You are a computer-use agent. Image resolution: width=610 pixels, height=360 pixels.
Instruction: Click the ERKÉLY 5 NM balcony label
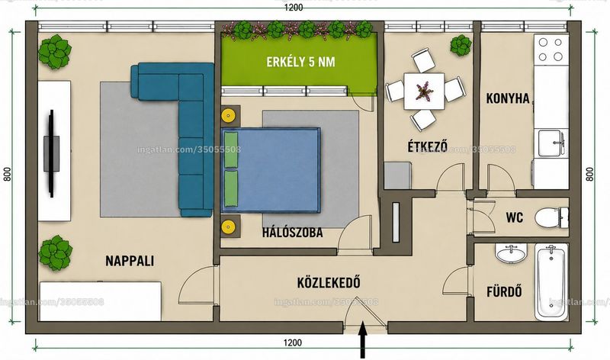(x=300, y=62)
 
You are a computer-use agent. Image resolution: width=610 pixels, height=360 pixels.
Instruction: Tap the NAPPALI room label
(x=130, y=261)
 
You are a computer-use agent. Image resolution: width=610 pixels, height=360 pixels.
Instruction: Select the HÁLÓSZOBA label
(x=293, y=233)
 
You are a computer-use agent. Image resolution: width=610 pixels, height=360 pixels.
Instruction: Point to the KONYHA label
(x=508, y=98)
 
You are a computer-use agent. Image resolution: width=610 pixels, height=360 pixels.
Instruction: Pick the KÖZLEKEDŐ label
(x=329, y=282)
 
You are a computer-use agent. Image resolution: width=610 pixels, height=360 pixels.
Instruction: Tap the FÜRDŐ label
(x=504, y=291)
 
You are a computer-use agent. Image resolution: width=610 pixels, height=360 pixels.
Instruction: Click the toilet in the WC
(x=551, y=217)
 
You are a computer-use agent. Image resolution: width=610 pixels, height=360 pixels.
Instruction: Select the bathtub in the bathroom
(x=551, y=281)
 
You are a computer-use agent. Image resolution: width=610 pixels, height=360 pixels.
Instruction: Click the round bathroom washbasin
(x=511, y=253)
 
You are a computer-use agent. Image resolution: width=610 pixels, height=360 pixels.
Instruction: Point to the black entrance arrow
(x=363, y=339)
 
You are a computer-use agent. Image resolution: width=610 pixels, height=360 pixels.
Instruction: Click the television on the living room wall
(x=51, y=153)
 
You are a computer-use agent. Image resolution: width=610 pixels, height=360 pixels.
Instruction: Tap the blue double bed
(x=271, y=170)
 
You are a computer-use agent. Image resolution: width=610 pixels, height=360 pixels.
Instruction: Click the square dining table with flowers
(x=424, y=92)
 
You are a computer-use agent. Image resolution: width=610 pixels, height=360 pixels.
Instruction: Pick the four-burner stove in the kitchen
(x=551, y=49)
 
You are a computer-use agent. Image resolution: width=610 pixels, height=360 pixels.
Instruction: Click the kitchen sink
(x=552, y=143)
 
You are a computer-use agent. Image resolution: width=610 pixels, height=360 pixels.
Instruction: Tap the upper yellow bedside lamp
(x=227, y=115)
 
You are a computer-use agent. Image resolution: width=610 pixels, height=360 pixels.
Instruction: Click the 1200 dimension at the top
(x=294, y=8)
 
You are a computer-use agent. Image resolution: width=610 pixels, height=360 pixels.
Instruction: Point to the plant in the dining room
(x=461, y=45)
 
